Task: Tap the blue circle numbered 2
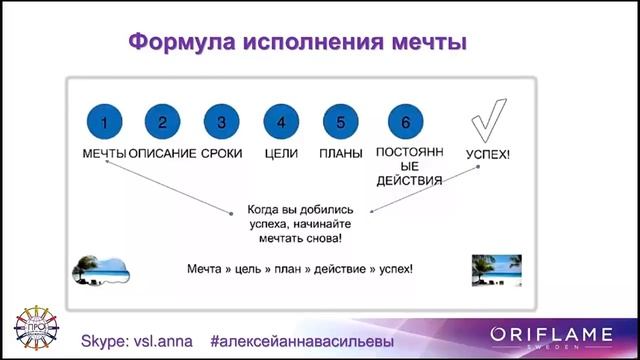click(x=163, y=123)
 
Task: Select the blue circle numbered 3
click(x=221, y=123)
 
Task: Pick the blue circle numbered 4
click(x=281, y=123)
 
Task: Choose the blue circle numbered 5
click(x=340, y=123)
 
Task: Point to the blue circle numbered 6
click(x=405, y=123)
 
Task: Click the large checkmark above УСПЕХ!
click(x=489, y=123)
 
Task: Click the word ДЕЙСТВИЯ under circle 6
click(x=404, y=181)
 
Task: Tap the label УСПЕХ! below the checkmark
click(x=488, y=155)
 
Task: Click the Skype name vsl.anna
click(x=159, y=340)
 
